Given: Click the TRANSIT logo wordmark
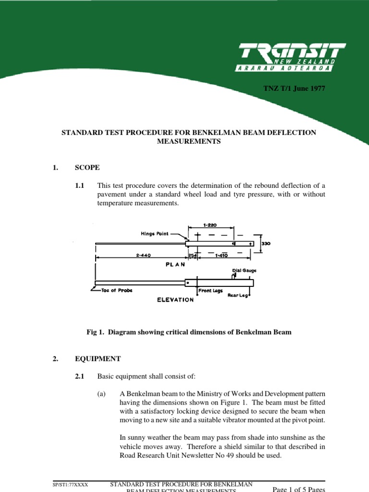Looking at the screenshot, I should pos(292,52).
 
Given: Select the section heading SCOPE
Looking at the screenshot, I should pos(87,168).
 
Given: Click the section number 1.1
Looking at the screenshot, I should pos(79,185).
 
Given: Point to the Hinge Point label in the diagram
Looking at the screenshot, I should pos(155,234).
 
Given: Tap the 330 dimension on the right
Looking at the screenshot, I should pos(265,244).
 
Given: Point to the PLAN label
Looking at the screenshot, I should pos(175,264).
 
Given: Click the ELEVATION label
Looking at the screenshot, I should pos(176,300).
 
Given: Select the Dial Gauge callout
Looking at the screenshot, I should pos(244,271).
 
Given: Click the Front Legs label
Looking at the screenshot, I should pos(209,291).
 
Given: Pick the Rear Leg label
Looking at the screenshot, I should pos(238,295).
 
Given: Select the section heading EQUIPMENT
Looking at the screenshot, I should pos(98,359).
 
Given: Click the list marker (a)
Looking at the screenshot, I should pos(101,394).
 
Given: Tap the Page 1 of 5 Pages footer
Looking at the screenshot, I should pos(299,488).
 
